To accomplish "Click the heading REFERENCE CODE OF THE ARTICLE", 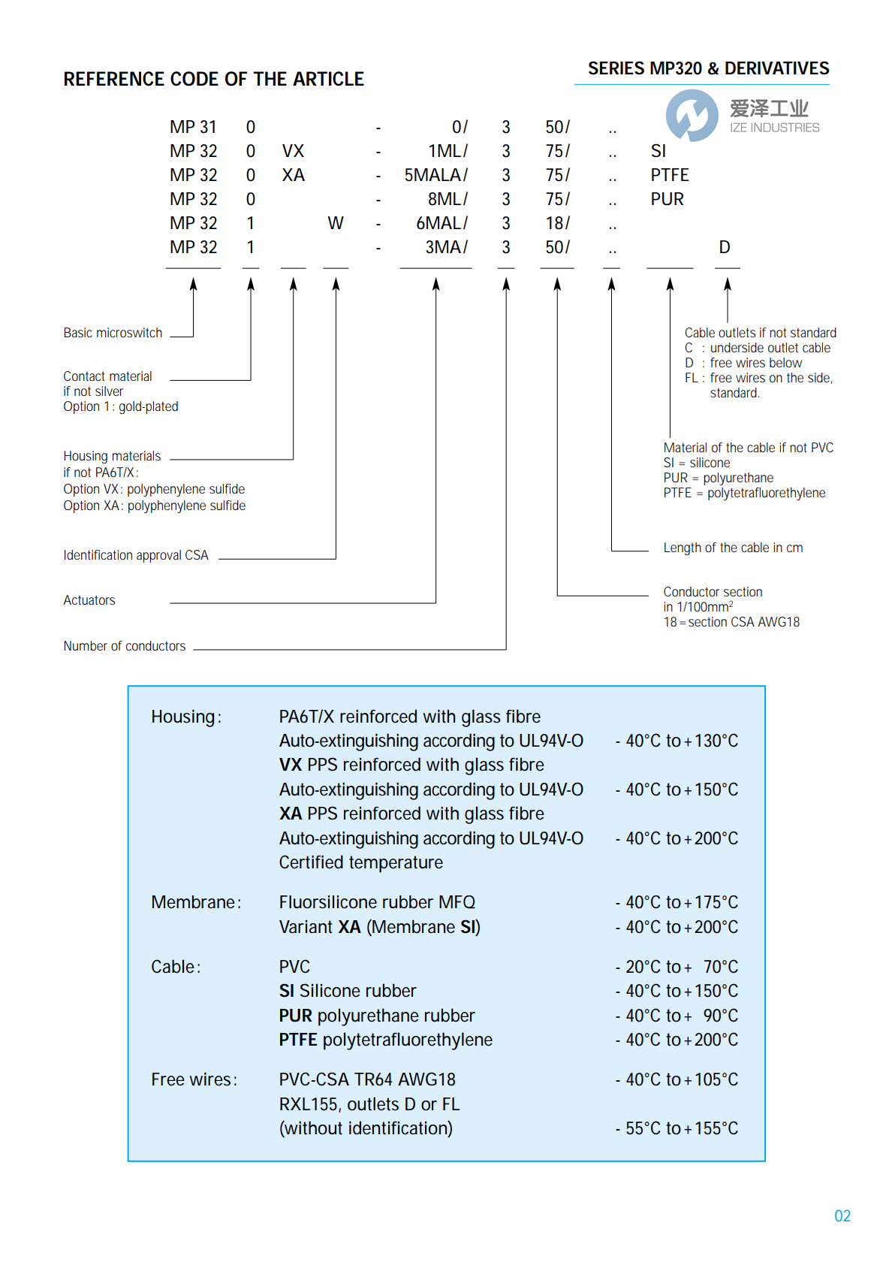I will [x=213, y=79].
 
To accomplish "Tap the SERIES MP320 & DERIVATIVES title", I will [x=708, y=68].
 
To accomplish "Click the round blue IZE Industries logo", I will [x=692, y=115].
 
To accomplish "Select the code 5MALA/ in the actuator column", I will [x=435, y=175].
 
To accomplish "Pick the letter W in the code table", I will [x=335, y=223].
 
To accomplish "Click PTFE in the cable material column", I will [x=669, y=175].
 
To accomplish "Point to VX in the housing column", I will [x=293, y=151].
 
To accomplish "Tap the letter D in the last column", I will [x=724, y=247].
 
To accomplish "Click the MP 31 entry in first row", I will [x=193, y=127].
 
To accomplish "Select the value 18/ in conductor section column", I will [x=557, y=223].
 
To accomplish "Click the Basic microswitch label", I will [x=113, y=333].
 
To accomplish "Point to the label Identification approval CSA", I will [x=136, y=555].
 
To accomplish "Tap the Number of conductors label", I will [x=125, y=646].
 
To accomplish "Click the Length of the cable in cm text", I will [x=733, y=548].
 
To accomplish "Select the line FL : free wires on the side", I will [x=758, y=378].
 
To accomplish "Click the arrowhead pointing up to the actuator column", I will [x=435, y=284].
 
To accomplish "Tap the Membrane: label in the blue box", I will [x=196, y=902].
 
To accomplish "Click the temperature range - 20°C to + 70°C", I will [x=677, y=967].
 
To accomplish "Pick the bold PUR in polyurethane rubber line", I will [x=295, y=1016].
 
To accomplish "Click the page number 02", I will [x=842, y=1215].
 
